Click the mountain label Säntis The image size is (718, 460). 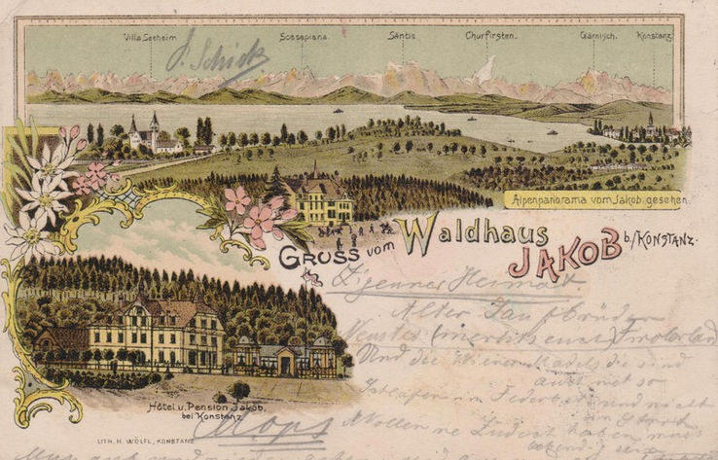click(402, 36)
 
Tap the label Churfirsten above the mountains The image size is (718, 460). click(490, 36)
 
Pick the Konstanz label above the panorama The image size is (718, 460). click(655, 36)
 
